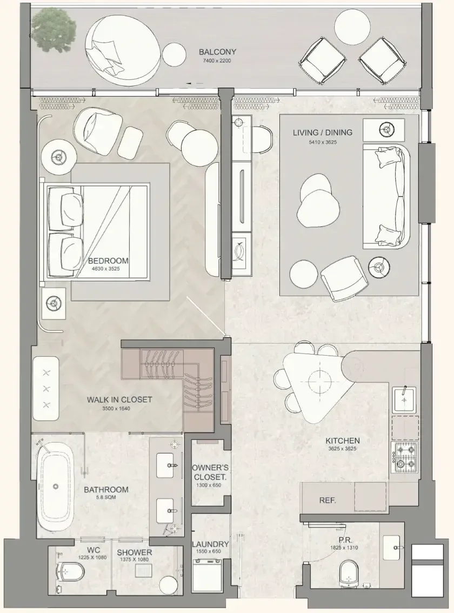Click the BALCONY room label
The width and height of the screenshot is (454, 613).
217,51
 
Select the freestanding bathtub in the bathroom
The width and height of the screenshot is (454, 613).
56,487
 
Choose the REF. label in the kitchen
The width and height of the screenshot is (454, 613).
328,500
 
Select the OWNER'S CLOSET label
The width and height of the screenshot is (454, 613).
210,472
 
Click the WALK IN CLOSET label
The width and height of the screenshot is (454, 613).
119,399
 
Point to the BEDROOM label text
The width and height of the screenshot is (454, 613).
108,261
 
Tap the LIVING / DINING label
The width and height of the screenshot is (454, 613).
323,132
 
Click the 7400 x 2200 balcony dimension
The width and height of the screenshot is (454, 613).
217,61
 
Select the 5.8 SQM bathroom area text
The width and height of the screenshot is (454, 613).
106,498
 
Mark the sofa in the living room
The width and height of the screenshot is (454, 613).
386,196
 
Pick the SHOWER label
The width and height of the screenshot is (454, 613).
134,552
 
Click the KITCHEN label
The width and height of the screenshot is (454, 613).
343,441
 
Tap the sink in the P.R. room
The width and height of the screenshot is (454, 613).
391,547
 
